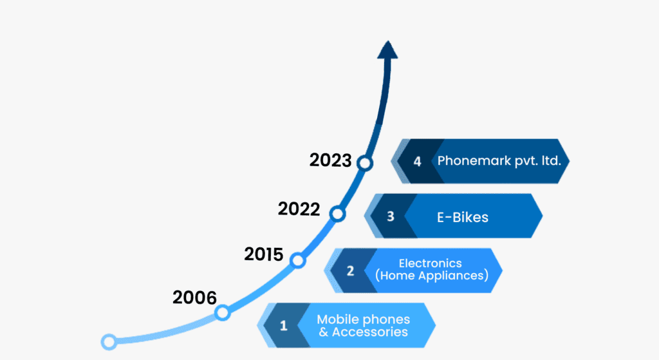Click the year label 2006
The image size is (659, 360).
pos(194,298)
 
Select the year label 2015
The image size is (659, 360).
pos(263,254)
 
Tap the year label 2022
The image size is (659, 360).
pos(299,209)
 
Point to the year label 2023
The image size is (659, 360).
pos(330,160)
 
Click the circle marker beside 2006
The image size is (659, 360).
pos(222,313)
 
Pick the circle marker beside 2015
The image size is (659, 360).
pos(297,261)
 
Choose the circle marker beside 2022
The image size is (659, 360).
pos(337,214)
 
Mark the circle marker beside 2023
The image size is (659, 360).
pos(365,163)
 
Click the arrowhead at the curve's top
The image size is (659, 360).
pos(387,50)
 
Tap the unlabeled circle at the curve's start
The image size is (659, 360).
pos(109,342)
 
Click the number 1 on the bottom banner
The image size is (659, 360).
pos(284,325)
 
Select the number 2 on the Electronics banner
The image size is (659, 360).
pos(350,271)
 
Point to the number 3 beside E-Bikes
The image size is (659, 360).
pos(391,216)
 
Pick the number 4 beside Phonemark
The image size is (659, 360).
pos(417,162)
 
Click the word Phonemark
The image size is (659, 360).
pos(474,160)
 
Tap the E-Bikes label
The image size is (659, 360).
pos(463,217)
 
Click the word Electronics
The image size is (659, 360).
pos(431,263)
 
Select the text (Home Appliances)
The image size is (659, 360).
pos(432,276)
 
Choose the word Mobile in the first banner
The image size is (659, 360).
pos(337,319)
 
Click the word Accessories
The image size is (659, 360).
pos(370,332)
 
